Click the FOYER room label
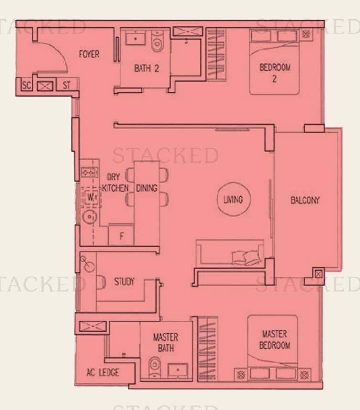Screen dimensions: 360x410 click(89, 54)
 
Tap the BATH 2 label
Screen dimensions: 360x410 click(146, 68)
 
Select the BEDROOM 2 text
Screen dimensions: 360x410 click(274, 73)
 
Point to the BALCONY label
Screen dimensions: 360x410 click(305, 200)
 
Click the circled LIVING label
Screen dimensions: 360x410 click(233, 199)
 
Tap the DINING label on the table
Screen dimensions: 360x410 click(147, 188)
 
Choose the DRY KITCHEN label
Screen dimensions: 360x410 click(115, 182)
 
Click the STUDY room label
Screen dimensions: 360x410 click(124, 281)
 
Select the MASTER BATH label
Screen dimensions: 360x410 click(165, 343)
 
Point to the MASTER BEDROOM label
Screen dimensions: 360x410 click(274, 339)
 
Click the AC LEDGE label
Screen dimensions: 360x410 click(103, 372)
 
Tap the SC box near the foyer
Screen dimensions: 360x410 click(26, 85)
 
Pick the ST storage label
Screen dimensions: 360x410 click(66, 85)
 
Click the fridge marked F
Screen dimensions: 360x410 click(121, 235)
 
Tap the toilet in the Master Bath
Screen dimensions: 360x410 click(155, 367)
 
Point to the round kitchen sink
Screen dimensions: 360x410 click(89, 217)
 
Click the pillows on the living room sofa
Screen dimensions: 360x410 click(246, 257)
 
